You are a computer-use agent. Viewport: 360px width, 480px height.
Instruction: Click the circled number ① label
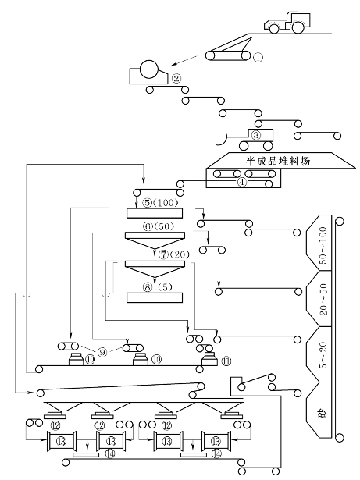(258, 57)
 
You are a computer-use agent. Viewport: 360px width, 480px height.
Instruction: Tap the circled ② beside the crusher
(176, 79)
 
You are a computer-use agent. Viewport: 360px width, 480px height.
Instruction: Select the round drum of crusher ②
(149, 69)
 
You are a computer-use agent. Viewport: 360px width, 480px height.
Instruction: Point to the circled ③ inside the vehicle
(256, 135)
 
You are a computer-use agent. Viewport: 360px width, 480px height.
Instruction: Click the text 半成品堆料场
(278, 160)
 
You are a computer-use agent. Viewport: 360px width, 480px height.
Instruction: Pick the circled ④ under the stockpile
(242, 182)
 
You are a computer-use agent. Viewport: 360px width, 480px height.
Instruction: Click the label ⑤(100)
(161, 202)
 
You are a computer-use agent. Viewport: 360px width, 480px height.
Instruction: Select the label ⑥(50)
(159, 226)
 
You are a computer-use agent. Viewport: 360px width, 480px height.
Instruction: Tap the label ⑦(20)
(174, 254)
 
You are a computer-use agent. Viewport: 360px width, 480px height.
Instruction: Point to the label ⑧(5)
(157, 287)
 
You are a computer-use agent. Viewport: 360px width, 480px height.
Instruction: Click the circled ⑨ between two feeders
(102, 352)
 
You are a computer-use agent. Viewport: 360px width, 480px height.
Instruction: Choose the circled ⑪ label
(226, 361)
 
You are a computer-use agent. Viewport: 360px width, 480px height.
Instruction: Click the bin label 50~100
(323, 246)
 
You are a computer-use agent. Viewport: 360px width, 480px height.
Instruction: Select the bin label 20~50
(323, 300)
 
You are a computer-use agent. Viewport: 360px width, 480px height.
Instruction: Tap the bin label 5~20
(323, 354)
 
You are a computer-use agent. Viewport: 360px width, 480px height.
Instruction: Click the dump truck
(287, 23)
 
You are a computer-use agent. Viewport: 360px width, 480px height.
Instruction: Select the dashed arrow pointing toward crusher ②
(184, 60)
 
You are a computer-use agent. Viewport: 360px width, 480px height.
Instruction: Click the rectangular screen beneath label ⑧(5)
(155, 297)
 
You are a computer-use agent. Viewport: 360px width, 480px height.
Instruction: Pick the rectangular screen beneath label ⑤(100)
(155, 213)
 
